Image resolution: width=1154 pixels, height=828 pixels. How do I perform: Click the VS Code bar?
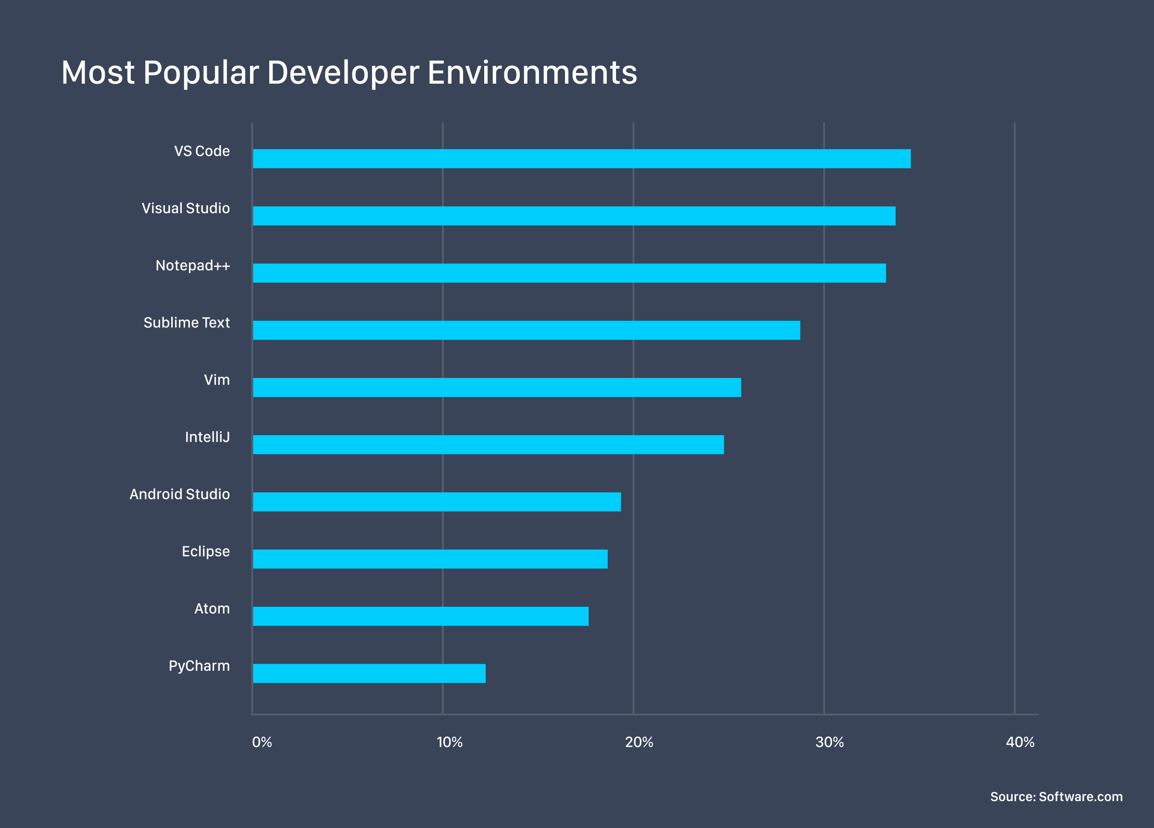582,159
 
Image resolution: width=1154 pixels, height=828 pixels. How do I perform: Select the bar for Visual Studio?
574,216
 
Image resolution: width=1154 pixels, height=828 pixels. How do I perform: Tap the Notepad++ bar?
569,273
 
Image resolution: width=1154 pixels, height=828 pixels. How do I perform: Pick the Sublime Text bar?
526,330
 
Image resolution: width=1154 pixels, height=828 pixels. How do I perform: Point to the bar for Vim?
497,387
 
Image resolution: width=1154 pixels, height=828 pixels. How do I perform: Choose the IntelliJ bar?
488,445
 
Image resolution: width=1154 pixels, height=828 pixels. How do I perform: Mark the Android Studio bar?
437,502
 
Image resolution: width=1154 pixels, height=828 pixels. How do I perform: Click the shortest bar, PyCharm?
369,673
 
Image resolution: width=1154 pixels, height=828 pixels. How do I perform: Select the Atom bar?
420,616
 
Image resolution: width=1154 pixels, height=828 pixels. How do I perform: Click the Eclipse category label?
206,552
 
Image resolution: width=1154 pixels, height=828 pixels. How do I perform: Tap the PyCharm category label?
199,666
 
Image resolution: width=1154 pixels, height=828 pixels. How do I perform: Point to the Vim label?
217,380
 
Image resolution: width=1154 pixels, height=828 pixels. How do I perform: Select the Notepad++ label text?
192,265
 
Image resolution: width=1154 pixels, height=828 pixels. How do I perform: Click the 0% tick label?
262,742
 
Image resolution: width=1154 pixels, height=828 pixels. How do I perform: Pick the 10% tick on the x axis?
449,742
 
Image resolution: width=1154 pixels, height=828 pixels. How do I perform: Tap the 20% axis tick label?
639,742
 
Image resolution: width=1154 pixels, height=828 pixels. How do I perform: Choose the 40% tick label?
1020,742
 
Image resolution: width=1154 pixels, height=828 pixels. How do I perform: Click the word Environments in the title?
532,72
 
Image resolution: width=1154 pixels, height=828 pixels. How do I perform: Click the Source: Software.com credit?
1056,797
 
